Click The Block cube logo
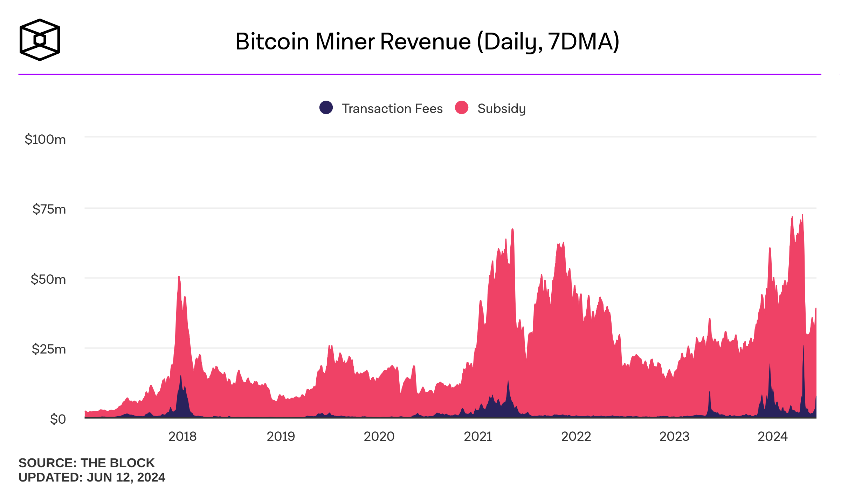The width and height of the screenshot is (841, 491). coord(40,40)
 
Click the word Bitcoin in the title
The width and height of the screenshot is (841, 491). coord(272,42)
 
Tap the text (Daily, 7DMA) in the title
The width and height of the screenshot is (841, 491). coord(548,42)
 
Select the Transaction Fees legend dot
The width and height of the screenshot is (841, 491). coord(326,107)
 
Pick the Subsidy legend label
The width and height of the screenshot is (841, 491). coord(501,108)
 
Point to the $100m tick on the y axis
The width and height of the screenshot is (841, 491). coord(45,139)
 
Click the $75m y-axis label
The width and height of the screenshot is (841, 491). coord(49,209)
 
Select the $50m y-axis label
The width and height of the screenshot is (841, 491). coord(48,279)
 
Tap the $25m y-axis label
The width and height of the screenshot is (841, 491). coord(49,349)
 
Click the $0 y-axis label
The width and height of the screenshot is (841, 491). coord(58,419)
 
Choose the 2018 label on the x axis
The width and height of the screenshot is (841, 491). coord(182,436)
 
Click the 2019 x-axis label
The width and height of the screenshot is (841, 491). coord(281,436)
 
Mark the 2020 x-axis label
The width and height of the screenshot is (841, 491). coord(379,436)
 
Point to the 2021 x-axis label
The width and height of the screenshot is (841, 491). coord(478,436)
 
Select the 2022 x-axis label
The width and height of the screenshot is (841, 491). coord(576,436)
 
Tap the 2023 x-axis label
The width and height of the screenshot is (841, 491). coord(674,436)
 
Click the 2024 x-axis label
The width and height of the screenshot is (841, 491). coord(773,436)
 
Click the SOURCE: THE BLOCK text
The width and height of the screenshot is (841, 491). coord(87,463)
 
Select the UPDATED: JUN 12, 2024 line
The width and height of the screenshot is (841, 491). coord(92,477)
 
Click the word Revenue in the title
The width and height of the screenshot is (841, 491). coord(425,42)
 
